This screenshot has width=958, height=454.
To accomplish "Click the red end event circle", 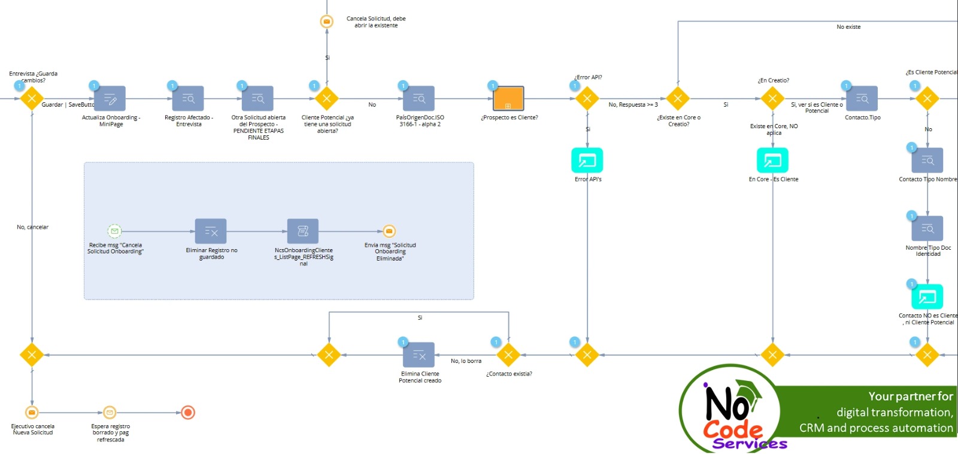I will pyautogui.click(x=188, y=413).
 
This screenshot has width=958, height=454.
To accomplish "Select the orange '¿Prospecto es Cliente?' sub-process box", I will pyautogui.click(x=508, y=99).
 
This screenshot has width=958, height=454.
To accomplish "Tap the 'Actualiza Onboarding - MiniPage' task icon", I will pyautogui.click(x=110, y=99).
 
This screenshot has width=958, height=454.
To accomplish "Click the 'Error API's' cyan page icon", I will pyautogui.click(x=587, y=161).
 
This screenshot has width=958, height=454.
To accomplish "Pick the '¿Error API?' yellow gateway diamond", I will pyautogui.click(x=587, y=99).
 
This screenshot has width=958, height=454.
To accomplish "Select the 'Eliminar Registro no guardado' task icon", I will pyautogui.click(x=211, y=231).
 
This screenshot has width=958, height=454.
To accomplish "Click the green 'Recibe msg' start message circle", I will pyautogui.click(x=114, y=231).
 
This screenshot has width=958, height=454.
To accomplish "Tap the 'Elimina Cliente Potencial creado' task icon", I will pyautogui.click(x=419, y=355).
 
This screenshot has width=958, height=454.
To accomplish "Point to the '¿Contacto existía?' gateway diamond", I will pyautogui.click(x=508, y=355).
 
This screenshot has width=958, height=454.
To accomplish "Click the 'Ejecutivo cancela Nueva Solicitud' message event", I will pyautogui.click(x=32, y=413).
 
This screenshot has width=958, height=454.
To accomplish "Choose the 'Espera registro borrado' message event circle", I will pyautogui.click(x=110, y=413).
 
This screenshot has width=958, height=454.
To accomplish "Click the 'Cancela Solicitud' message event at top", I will pyautogui.click(x=327, y=22).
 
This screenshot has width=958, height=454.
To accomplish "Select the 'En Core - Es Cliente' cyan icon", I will pyautogui.click(x=772, y=161).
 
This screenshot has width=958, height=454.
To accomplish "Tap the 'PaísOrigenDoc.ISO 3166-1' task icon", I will pyautogui.click(x=419, y=99).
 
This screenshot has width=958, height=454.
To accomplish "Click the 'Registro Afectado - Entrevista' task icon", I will pyautogui.click(x=188, y=99).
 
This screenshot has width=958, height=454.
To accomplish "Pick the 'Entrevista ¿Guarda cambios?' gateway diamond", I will pyautogui.click(x=32, y=99).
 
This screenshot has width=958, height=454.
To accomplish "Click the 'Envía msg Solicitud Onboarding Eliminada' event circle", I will pyautogui.click(x=389, y=231).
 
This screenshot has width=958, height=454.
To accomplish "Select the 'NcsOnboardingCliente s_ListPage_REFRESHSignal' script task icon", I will pyautogui.click(x=303, y=231).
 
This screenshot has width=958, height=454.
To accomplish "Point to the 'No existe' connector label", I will pyautogui.click(x=848, y=27).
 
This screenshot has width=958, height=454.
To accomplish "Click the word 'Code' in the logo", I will pyautogui.click(x=733, y=429).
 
